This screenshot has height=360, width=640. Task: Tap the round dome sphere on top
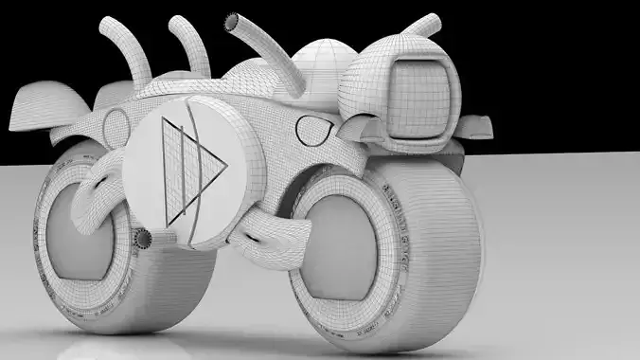coord(320,71)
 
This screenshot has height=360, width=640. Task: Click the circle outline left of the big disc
coord(116,126)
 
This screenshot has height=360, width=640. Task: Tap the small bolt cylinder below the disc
coord(142,238)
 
